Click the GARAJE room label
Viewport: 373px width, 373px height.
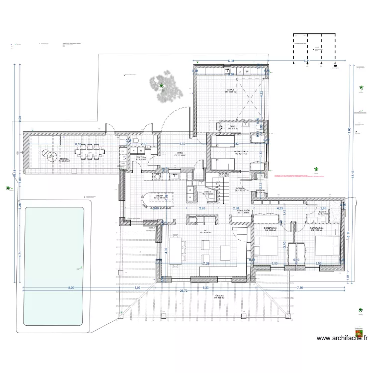pyautogui.click(x=231, y=91)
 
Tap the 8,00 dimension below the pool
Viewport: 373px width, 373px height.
pyautogui.click(x=71, y=287)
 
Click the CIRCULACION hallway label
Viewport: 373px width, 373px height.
pyautogui.click(x=243, y=211)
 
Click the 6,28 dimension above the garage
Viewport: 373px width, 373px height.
pyautogui.click(x=231, y=61)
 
